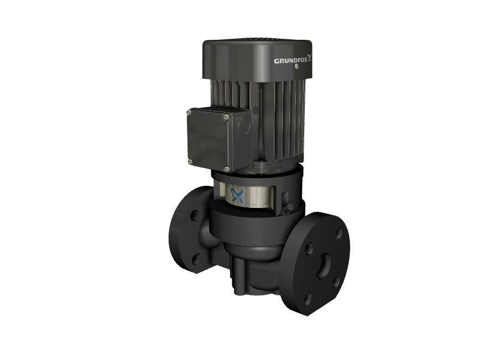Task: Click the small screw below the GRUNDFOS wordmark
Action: click(x=297, y=66)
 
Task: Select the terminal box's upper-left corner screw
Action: click(x=189, y=113)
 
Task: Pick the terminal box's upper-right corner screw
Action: click(x=226, y=118)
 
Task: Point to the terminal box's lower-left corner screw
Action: click(x=190, y=162)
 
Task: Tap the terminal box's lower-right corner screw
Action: click(x=226, y=169)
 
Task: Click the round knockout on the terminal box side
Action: click(x=244, y=126)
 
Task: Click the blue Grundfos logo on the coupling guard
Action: click(x=237, y=196)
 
